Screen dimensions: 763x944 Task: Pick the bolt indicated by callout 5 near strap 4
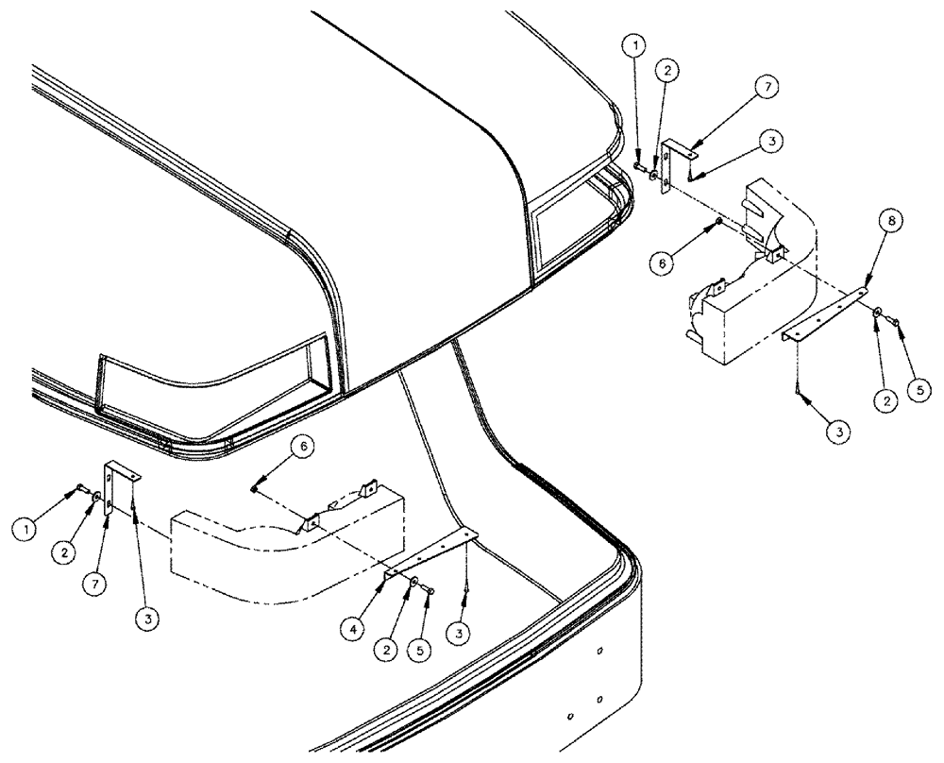pos(430,591)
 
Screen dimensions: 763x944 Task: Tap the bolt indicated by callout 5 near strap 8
pos(897,326)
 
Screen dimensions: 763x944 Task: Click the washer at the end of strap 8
pos(879,312)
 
